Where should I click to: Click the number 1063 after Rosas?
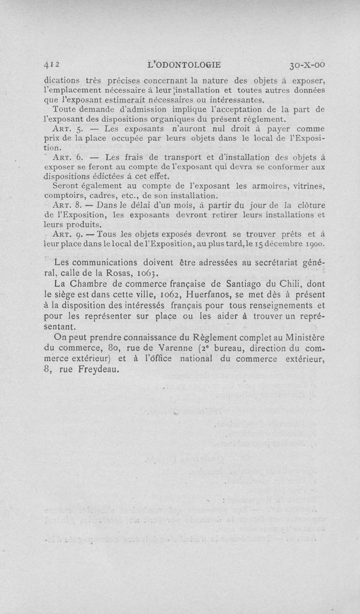tap(147, 274)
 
